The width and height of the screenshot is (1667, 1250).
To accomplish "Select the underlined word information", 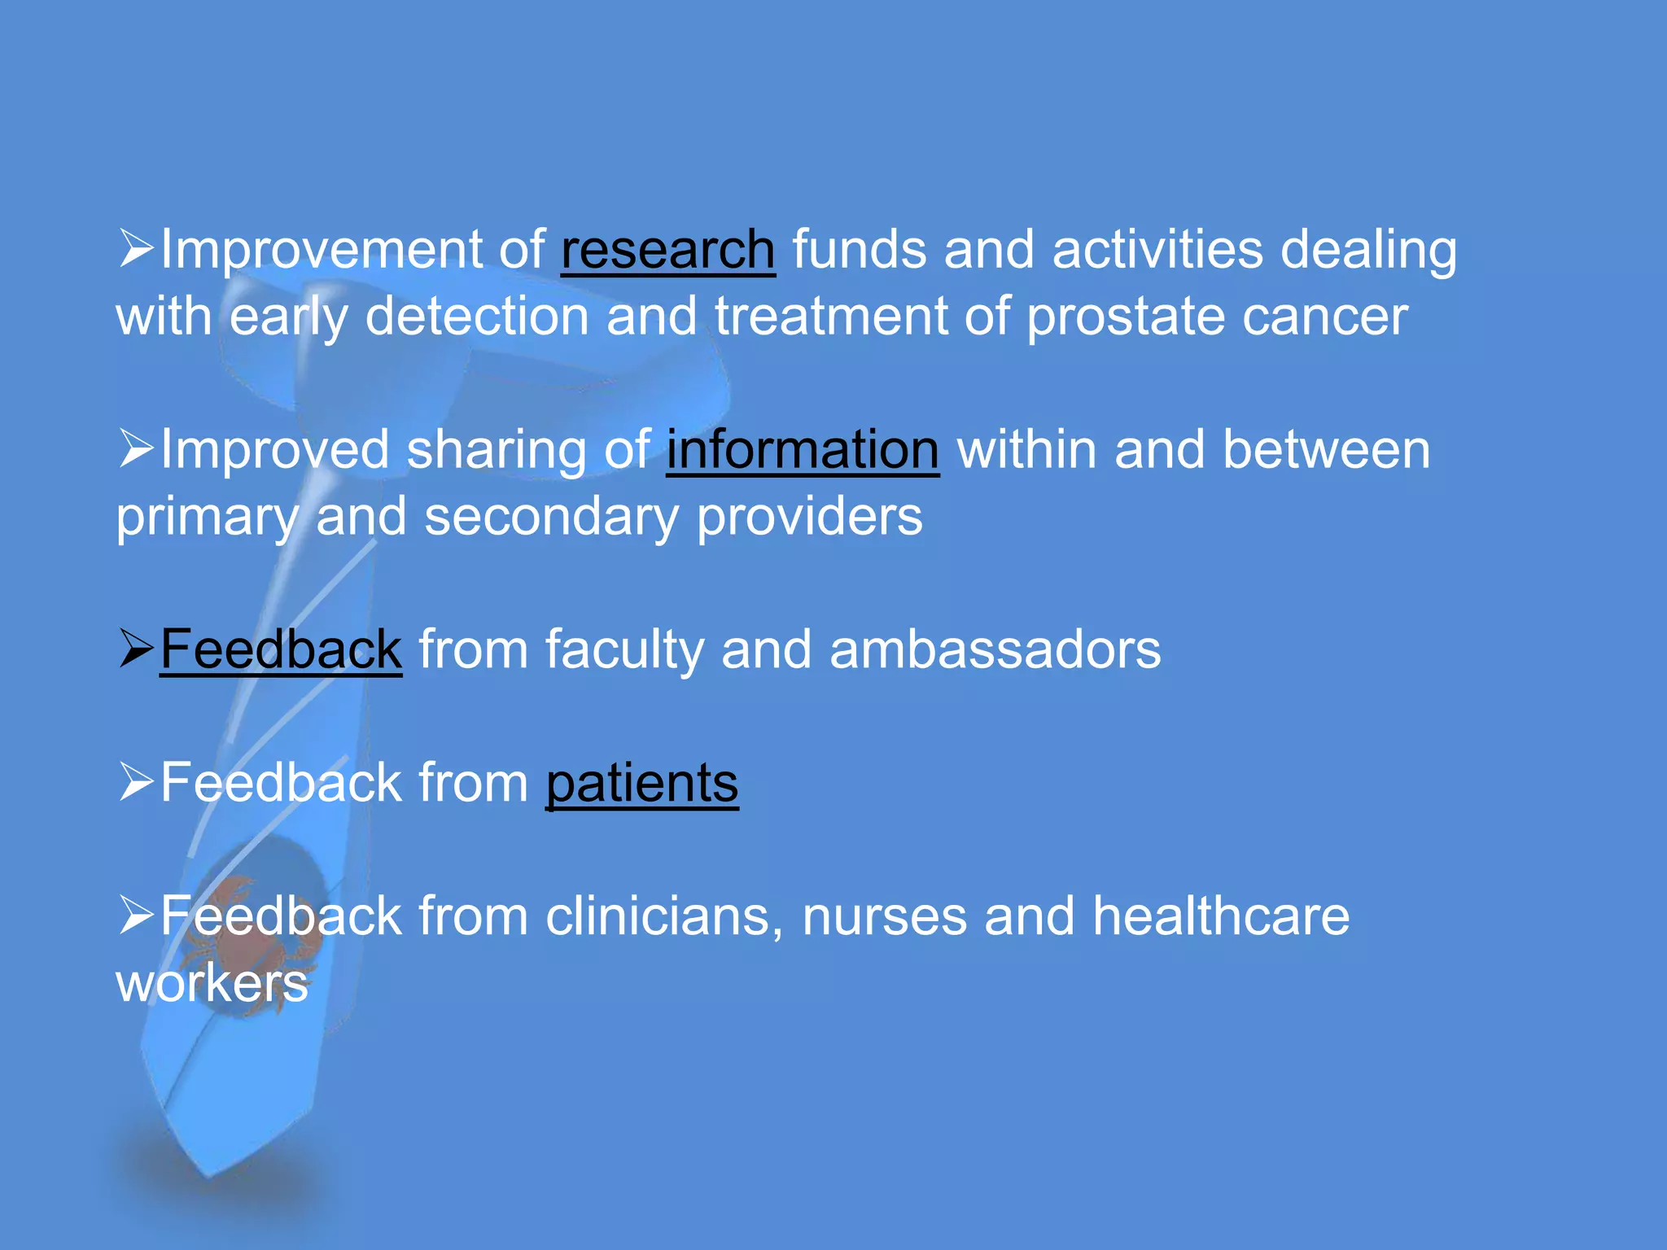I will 803,449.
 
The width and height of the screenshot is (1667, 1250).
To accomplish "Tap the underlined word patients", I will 641,783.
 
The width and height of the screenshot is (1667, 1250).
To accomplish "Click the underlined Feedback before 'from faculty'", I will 281,649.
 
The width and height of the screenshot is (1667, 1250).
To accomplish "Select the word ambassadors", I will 995,649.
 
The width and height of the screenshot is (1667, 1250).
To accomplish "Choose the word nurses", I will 884,916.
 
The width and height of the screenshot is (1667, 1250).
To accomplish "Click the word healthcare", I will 1221,916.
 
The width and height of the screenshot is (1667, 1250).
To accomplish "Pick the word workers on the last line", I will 212,983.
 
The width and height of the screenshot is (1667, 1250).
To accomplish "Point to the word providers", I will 809,518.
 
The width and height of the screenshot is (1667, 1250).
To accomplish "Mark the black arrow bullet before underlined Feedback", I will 136,648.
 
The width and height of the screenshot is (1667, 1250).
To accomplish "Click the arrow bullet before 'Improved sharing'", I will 136,448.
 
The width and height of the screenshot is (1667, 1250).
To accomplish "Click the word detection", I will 476,317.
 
